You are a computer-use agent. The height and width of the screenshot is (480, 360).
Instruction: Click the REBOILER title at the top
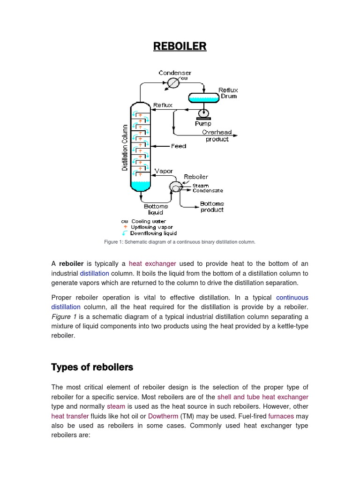pyautogui.click(x=180, y=46)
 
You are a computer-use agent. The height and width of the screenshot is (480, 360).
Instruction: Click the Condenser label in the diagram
pyautogui.click(x=175, y=73)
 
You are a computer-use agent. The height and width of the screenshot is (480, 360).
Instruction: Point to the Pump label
pyautogui.click(x=203, y=124)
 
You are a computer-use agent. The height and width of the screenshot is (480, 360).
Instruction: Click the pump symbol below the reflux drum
pyautogui.click(x=204, y=113)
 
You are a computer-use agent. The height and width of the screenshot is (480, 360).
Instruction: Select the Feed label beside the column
pyautogui.click(x=179, y=146)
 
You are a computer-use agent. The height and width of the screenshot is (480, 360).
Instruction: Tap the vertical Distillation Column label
pyautogui.click(x=125, y=147)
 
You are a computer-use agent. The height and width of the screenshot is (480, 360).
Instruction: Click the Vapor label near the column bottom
pyautogui.click(x=165, y=171)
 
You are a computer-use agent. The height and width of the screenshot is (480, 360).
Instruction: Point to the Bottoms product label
pyautogui.click(x=212, y=207)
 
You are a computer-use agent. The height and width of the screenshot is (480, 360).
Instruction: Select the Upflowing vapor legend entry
pyautogui.click(x=150, y=227)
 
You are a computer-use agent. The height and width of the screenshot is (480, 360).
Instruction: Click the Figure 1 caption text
pyautogui.click(x=180, y=242)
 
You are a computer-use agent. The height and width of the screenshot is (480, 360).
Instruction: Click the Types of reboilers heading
pyautogui.click(x=92, y=367)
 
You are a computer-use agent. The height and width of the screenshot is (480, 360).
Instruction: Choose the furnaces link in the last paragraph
pyautogui.click(x=281, y=416)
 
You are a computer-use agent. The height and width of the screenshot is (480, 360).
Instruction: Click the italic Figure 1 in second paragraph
pyautogui.click(x=60, y=316)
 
